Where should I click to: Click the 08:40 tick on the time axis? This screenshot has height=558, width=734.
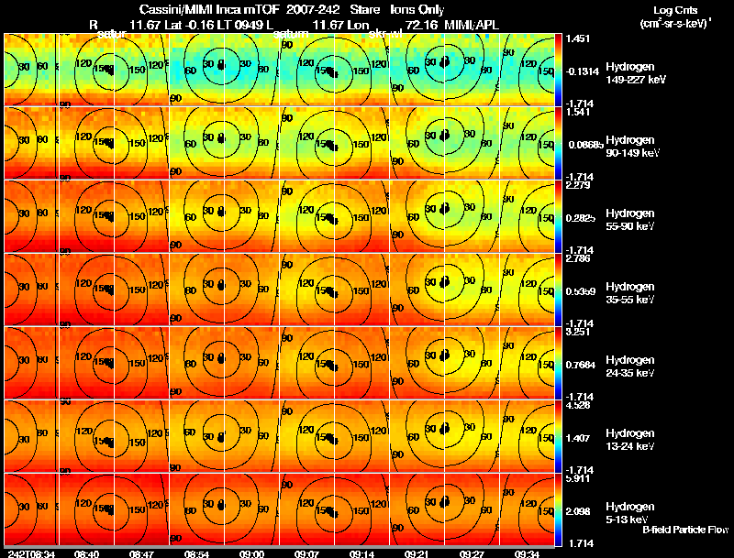pos(86,553)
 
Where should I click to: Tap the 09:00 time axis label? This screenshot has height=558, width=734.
pos(251,553)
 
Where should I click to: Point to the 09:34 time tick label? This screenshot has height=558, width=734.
pos(527,553)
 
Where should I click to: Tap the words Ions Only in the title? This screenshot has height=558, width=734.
pos(417,9)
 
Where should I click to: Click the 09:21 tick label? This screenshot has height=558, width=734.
pos(417,553)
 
